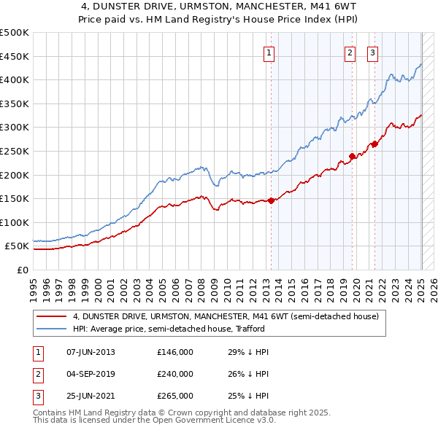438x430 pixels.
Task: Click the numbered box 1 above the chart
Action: point(269,52)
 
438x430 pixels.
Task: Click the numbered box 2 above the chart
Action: point(350,52)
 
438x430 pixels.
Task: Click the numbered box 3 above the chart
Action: point(372,52)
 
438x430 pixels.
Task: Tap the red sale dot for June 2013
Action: point(271,200)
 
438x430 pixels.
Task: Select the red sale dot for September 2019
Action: point(352,156)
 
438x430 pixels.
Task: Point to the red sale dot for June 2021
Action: point(374,144)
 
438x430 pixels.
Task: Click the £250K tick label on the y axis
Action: point(15,151)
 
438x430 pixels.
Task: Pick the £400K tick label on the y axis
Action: point(15,79)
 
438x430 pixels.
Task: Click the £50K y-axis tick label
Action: point(18,246)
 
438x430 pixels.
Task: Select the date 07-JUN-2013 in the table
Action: point(91,353)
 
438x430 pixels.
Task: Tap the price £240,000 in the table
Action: point(175,374)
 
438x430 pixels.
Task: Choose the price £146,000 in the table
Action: point(175,353)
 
